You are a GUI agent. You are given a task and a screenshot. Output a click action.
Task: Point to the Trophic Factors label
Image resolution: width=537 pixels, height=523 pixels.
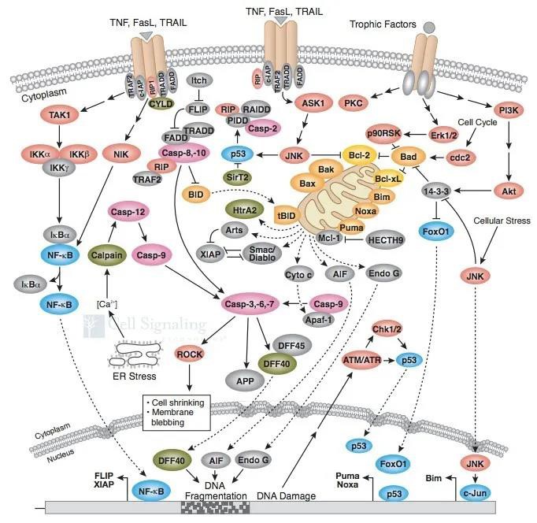pyautogui.click(x=382, y=24)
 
